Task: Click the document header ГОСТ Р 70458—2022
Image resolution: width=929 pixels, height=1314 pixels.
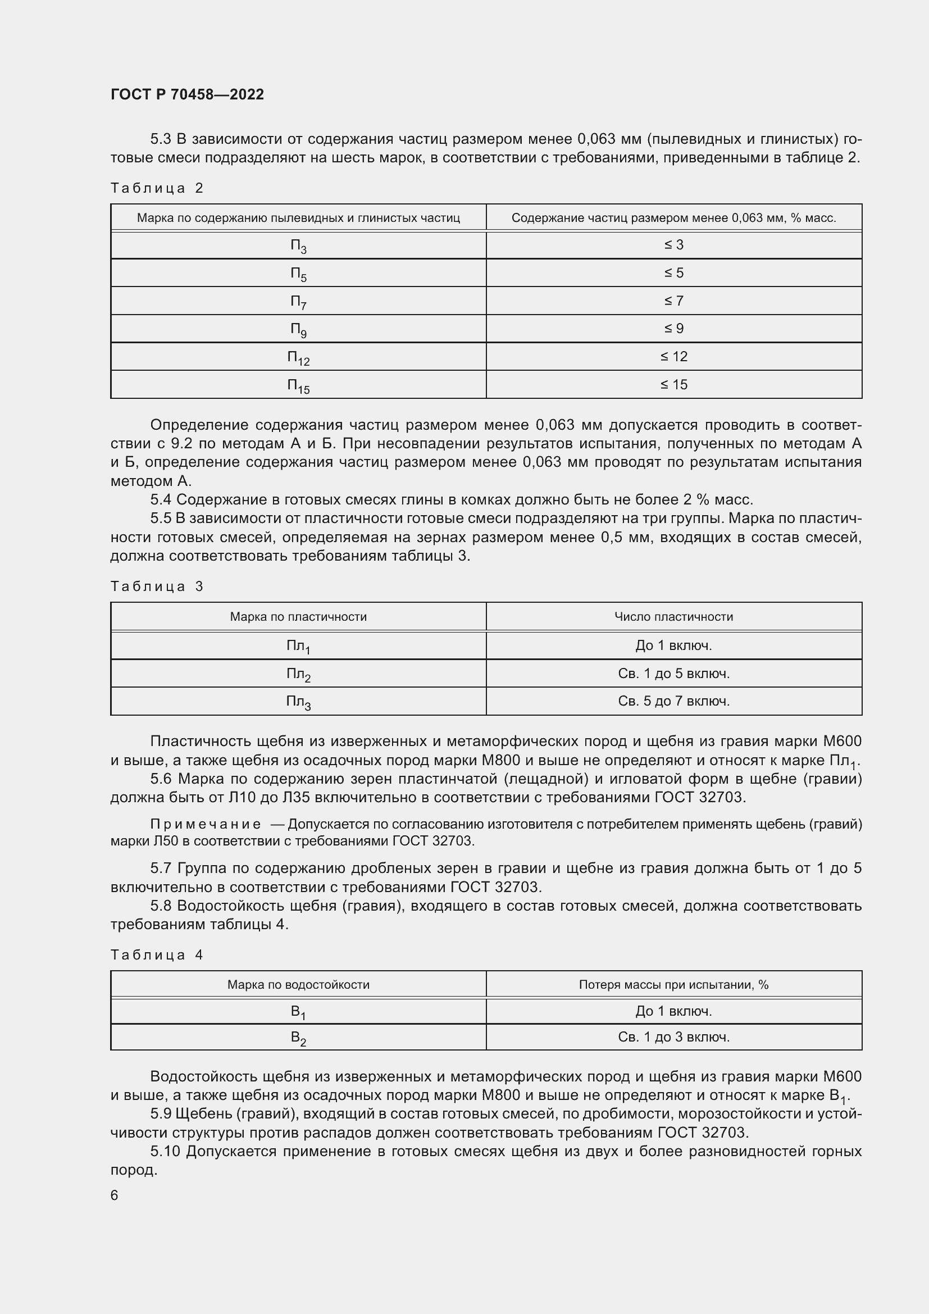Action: tap(187, 94)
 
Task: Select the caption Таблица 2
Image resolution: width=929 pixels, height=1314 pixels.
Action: tap(157, 188)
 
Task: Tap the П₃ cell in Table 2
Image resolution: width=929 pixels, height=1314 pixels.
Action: tap(298, 245)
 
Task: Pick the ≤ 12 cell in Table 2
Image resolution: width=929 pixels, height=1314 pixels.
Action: tap(673, 357)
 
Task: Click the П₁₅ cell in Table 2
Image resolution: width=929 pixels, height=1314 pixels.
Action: tap(298, 385)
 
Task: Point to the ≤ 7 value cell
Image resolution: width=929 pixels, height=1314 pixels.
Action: tap(673, 301)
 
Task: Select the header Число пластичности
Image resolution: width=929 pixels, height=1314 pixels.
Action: tap(673, 616)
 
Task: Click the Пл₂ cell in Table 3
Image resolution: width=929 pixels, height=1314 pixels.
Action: tap(298, 674)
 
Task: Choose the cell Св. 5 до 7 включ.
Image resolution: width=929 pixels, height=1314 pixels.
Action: tap(673, 701)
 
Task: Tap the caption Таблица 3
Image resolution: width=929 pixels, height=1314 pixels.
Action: tap(157, 586)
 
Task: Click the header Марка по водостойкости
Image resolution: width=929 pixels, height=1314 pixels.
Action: tap(298, 984)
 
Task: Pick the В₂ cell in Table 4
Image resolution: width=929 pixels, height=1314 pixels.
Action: tap(298, 1038)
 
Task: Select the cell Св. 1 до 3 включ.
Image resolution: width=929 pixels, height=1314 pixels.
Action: tap(673, 1037)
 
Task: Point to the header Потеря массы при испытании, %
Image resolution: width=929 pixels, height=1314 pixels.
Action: tap(673, 984)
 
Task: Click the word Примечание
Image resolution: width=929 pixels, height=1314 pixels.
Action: tap(206, 824)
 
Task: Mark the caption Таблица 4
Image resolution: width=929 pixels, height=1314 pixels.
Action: tap(157, 955)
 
